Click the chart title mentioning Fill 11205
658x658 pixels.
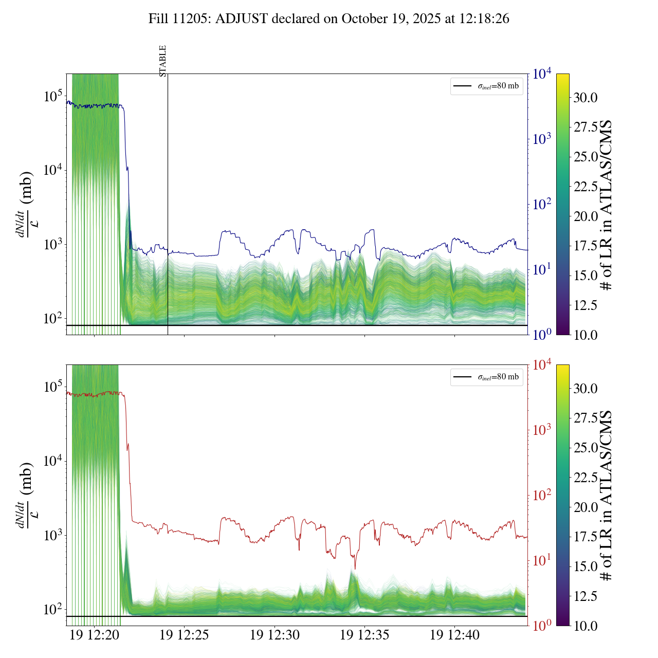[x=329, y=19]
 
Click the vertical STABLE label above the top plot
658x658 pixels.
[x=162, y=61]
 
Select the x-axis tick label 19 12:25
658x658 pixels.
[x=184, y=635]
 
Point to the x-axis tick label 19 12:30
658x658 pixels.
[x=275, y=635]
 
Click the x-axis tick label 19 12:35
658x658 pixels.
[x=364, y=635]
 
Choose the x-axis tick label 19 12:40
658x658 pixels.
[x=454, y=635]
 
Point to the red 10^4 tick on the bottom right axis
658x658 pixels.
[x=542, y=365]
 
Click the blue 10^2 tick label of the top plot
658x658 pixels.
[x=542, y=205]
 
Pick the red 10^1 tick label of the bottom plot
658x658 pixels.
[x=542, y=560]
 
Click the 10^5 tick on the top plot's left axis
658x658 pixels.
[x=53, y=96]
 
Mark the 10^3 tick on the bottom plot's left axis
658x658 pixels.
[x=53, y=535]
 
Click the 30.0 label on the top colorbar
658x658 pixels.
[x=586, y=98]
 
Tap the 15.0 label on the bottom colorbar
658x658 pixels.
[x=586, y=566]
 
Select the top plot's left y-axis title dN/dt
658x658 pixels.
[x=26, y=204]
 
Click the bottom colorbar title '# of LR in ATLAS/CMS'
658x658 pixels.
[x=607, y=496]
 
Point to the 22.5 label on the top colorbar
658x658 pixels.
[x=586, y=187]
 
